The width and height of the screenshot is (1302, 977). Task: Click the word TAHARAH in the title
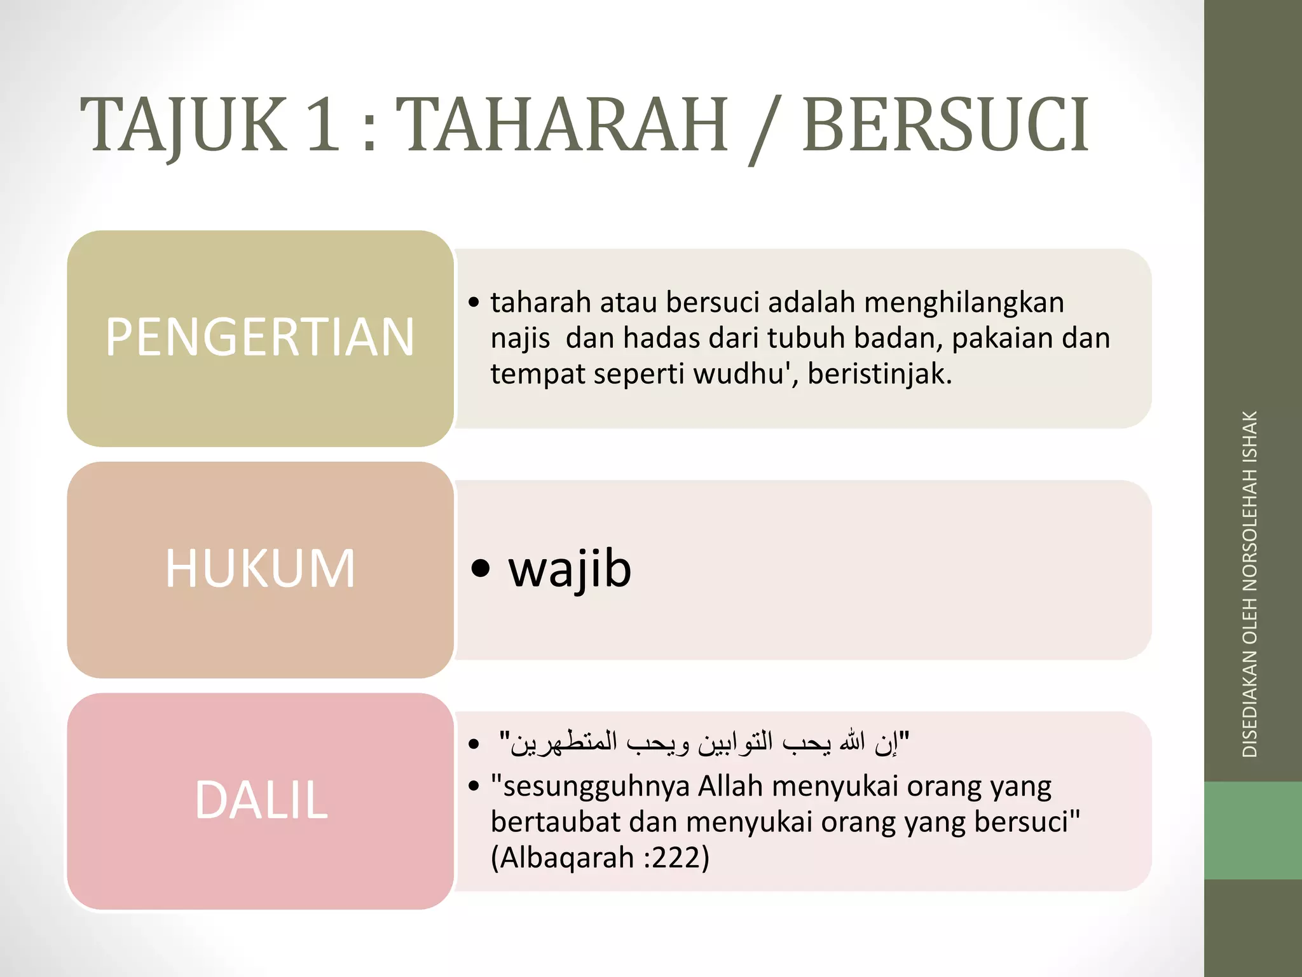(x=566, y=125)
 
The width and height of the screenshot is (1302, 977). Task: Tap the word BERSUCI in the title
(x=946, y=125)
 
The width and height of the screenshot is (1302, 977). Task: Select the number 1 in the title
(x=323, y=125)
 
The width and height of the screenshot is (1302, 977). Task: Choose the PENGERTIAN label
(x=260, y=337)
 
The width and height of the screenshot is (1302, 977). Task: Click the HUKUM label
(x=260, y=569)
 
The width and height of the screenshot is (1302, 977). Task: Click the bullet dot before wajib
(x=481, y=568)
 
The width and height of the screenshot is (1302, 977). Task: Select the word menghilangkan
(x=964, y=303)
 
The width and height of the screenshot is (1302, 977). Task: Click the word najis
(x=520, y=338)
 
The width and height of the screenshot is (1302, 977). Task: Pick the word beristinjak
(x=879, y=374)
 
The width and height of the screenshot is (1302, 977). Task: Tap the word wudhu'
(x=746, y=374)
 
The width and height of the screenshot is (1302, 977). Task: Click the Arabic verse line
(x=704, y=742)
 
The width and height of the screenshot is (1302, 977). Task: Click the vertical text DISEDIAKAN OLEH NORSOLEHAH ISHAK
(x=1250, y=584)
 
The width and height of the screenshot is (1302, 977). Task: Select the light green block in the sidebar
(x=1253, y=831)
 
